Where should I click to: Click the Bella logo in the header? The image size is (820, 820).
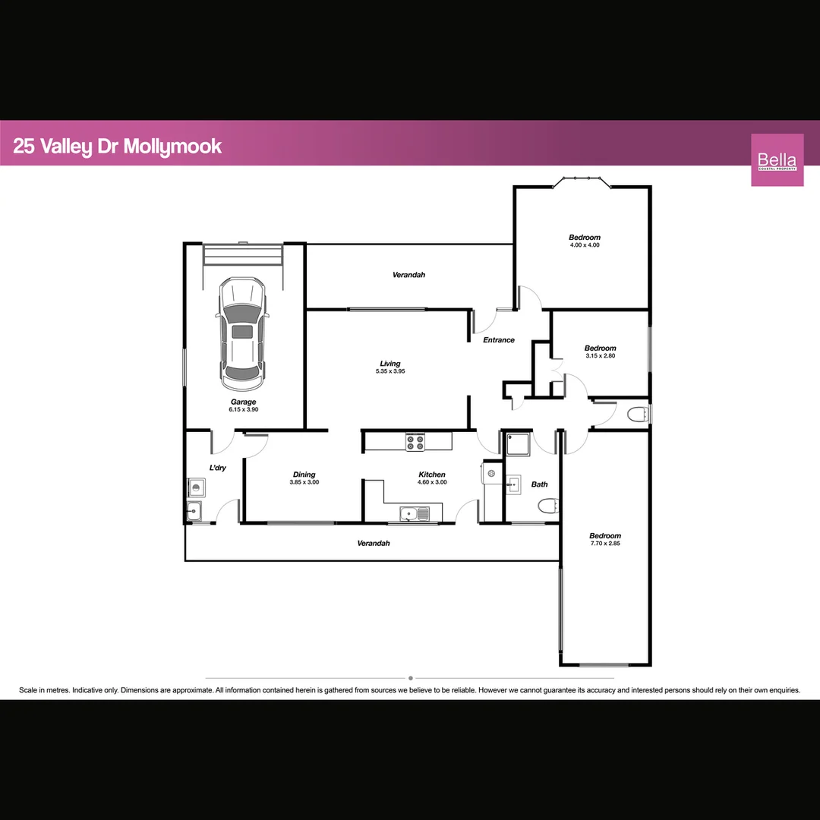point(777,159)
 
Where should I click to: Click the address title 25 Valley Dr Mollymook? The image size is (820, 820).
point(118,146)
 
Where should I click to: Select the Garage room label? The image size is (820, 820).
point(244,402)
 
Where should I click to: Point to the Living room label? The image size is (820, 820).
point(390,364)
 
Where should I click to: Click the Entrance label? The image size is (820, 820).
point(499,340)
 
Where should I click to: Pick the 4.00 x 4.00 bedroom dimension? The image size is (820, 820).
point(585,245)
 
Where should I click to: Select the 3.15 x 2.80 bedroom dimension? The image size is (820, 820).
point(600,355)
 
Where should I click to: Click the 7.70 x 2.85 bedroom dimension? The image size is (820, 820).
point(605,544)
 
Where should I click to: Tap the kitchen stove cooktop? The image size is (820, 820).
point(415,442)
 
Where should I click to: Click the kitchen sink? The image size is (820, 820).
point(414,514)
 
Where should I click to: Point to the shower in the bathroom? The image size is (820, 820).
point(517,443)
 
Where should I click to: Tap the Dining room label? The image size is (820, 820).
point(304,475)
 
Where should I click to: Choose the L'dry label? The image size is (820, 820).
point(218,468)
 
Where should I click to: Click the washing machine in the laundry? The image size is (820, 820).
point(195,485)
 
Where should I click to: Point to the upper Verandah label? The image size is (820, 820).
point(408,274)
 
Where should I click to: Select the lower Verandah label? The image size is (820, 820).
point(374,543)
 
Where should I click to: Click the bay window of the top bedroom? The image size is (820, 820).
point(582,181)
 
